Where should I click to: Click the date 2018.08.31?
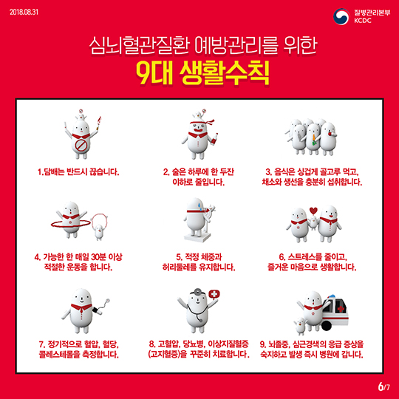tap(24, 12)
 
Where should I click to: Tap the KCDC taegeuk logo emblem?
tap(341, 16)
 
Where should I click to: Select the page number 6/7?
tap(383, 386)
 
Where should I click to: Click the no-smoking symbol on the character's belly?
tap(81, 146)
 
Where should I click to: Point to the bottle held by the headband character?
tap(214, 140)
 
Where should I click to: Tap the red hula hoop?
tap(71, 224)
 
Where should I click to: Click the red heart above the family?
tap(313, 211)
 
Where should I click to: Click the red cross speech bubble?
tap(214, 294)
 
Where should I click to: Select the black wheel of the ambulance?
tap(327, 325)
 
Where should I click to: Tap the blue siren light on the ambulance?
tap(331, 297)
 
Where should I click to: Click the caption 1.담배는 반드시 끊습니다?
tap(78, 172)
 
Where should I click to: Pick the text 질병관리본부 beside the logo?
tap(372, 13)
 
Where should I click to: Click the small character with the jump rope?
tap(99, 231)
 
